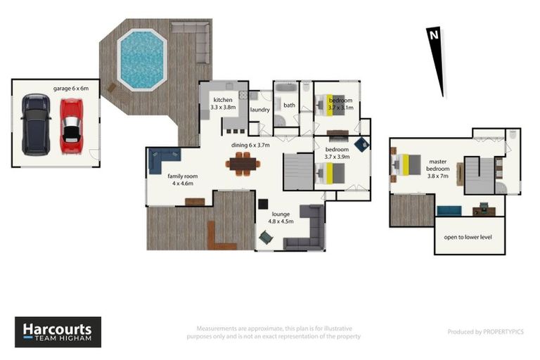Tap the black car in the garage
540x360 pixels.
click(35, 125)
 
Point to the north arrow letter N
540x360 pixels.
click(434, 35)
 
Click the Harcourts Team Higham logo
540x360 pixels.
click(58, 332)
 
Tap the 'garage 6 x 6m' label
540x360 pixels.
click(72, 89)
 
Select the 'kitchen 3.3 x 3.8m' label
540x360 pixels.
click(223, 104)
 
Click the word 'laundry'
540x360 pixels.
click(259, 110)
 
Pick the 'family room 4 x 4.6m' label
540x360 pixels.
click(180, 180)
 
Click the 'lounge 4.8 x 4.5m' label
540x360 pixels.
click(279, 217)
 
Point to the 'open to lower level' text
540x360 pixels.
click(468, 237)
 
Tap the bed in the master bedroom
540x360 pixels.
click(406, 165)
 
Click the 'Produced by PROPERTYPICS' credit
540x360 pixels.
click(486, 332)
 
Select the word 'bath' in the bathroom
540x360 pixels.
click(289, 105)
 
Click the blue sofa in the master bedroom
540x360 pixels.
click(449, 210)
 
